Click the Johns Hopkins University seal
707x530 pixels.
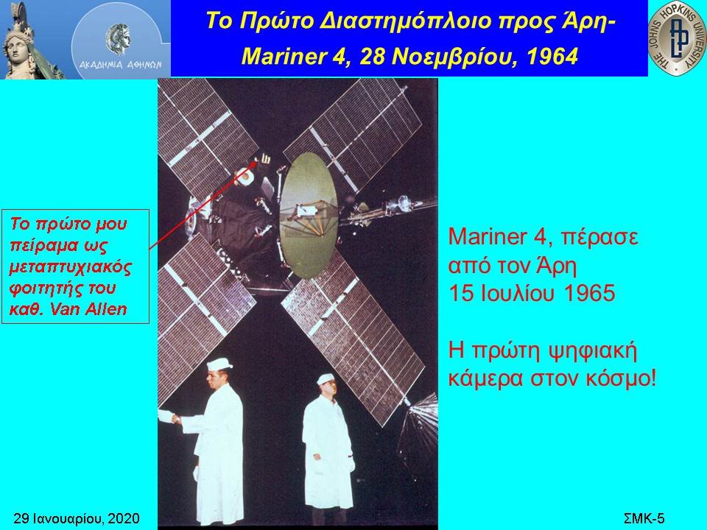coord(678,38)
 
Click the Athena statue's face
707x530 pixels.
coord(17,49)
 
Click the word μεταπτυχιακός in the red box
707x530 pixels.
coord(71,266)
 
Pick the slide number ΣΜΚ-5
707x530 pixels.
coord(644,518)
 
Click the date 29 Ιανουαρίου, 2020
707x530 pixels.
coord(77,519)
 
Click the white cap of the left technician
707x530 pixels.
coord(219,364)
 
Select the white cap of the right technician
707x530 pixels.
coord(326,379)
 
